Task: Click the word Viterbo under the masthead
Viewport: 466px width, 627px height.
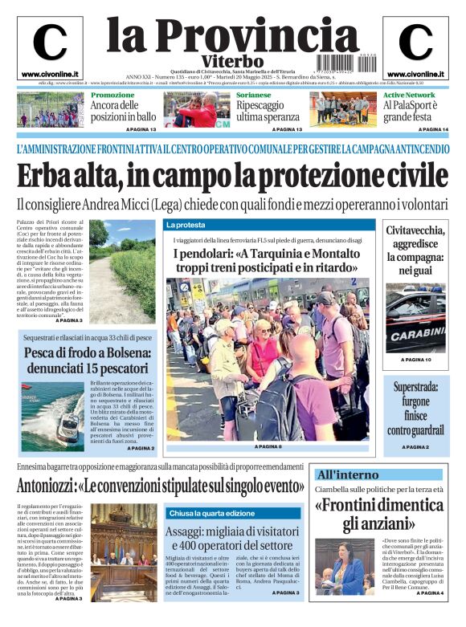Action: point(232,60)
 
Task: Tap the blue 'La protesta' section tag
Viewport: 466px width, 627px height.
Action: point(186,225)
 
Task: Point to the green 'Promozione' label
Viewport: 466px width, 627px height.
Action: point(112,95)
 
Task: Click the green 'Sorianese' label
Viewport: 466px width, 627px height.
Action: point(257,95)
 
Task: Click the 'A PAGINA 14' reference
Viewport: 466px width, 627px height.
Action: point(434,129)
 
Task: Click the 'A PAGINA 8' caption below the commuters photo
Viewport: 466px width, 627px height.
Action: point(268,446)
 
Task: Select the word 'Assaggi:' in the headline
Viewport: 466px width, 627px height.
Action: point(190,532)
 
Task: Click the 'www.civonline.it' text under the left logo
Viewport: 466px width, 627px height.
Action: point(50,74)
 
